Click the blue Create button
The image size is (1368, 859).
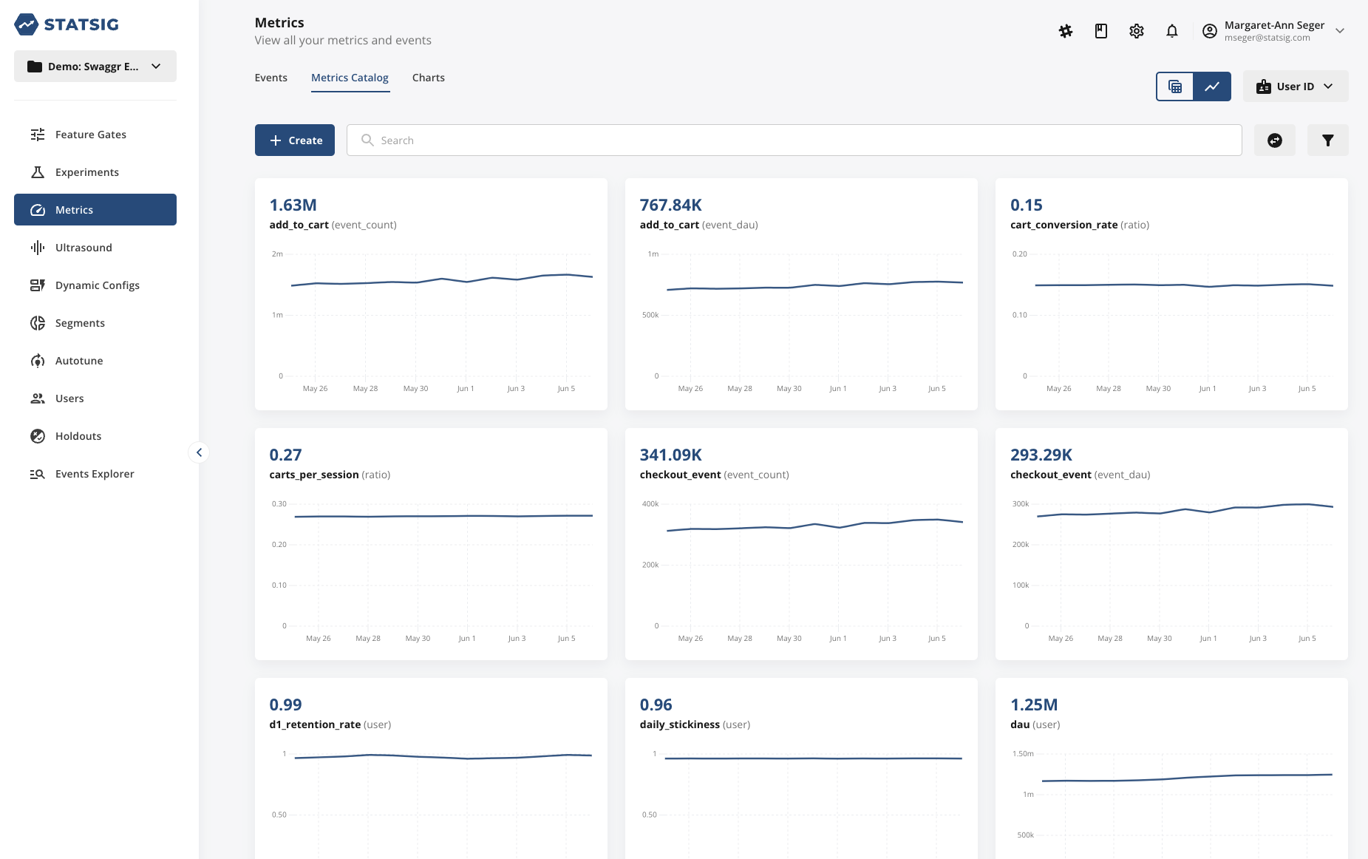[x=294, y=140]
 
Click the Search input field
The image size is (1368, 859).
[x=794, y=140]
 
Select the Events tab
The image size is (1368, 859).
[x=270, y=78]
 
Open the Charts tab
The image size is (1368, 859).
[x=428, y=78]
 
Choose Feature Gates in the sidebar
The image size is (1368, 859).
[x=90, y=135]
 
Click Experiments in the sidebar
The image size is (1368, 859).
[x=86, y=172]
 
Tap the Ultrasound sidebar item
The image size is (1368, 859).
[x=84, y=248]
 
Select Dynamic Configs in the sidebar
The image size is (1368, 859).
[x=97, y=285]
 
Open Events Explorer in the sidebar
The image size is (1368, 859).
[x=95, y=474]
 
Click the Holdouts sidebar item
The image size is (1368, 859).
[x=78, y=436]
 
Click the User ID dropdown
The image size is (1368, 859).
[x=1295, y=86]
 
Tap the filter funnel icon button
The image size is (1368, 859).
[x=1327, y=140]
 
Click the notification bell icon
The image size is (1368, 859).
[x=1171, y=31]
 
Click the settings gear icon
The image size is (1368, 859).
[x=1136, y=31]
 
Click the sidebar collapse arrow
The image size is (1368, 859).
[x=199, y=452]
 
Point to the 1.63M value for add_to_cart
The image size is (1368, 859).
[x=293, y=205]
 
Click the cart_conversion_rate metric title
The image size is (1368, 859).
[x=1064, y=225]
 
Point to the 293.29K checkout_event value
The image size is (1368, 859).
[x=1041, y=455]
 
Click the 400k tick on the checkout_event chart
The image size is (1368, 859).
[x=650, y=504]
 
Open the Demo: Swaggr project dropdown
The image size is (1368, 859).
[x=95, y=67]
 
